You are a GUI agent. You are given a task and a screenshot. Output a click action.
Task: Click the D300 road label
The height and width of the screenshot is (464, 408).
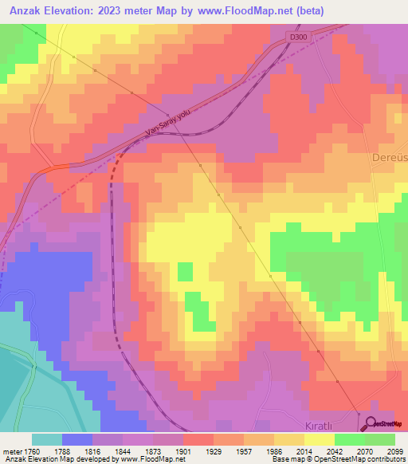click(298, 37)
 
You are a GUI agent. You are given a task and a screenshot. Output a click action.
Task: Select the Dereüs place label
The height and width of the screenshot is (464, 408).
click(390, 158)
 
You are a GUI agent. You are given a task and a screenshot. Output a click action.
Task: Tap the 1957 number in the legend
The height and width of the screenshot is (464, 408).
click(254, 451)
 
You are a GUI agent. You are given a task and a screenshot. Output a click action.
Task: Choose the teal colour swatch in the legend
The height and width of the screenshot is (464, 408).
click(47, 439)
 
